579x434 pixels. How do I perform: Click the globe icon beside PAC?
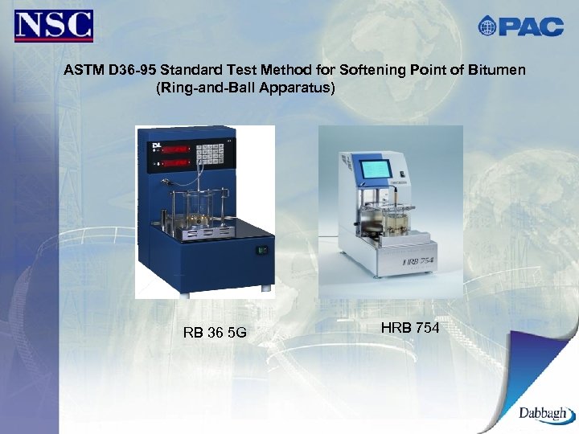(x=487, y=27)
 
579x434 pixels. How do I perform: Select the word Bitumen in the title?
(x=498, y=70)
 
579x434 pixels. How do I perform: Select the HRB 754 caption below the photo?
(x=409, y=327)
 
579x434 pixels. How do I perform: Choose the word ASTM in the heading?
(x=82, y=70)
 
